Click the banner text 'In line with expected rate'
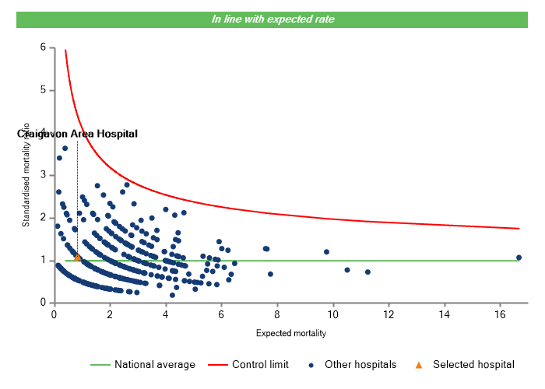[272, 19]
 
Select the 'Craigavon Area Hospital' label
[77, 134]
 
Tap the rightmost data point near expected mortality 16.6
[519, 258]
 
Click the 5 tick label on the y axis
[43, 90]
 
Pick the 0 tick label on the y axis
[43, 303]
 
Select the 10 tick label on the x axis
[332, 314]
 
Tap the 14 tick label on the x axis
[444, 314]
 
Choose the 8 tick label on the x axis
[277, 314]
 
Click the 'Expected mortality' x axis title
[290, 334]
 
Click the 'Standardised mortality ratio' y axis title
[26, 174]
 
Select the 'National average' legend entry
[155, 364]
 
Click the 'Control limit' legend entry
[261, 364]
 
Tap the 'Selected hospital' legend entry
[473, 364]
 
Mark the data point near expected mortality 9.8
[326, 252]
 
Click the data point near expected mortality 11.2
[367, 272]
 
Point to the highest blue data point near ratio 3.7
[65, 148]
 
